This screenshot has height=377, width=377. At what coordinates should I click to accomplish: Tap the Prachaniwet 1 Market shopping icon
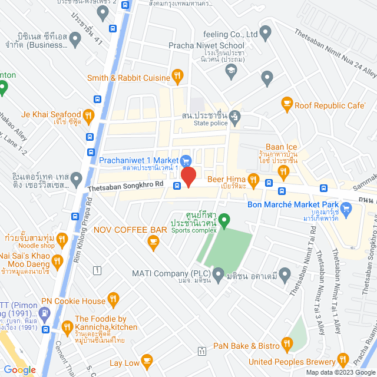click(x=186, y=160)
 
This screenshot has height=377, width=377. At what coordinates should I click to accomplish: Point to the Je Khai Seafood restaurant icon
click(x=89, y=115)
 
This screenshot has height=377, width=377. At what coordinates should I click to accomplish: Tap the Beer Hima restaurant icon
click(x=254, y=179)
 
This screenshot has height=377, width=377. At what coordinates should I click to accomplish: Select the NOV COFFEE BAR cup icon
click(x=154, y=241)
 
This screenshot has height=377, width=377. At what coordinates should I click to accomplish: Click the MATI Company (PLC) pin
click(x=219, y=274)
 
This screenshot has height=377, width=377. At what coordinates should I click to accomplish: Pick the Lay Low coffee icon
click(x=147, y=360)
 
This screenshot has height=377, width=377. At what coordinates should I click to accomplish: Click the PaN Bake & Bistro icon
click(x=287, y=343)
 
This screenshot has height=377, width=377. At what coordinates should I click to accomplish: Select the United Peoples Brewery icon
click(x=343, y=360)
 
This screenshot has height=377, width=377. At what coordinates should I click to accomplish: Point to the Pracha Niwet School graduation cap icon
click(x=232, y=71)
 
